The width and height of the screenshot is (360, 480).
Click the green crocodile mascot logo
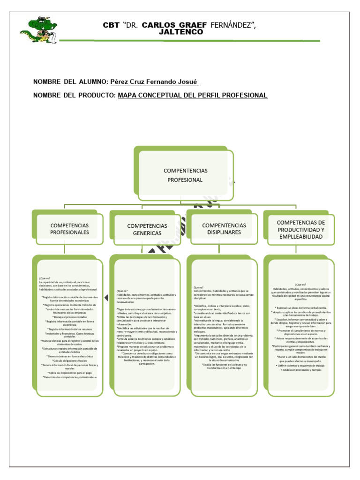[x=38, y=30]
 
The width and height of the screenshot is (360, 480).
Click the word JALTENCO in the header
[x=174, y=32]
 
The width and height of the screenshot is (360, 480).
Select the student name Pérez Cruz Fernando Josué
[x=154, y=82]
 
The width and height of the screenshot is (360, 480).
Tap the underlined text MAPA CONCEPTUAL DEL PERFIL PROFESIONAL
[x=192, y=95]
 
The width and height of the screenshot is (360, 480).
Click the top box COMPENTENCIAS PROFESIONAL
[x=185, y=175]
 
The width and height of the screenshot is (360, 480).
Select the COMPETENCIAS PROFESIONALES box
[x=69, y=229]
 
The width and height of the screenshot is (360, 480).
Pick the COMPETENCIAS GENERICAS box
[x=147, y=229]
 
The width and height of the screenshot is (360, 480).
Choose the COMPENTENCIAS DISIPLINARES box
[x=224, y=229]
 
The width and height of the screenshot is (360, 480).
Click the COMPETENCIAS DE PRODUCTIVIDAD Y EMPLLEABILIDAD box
[x=300, y=229]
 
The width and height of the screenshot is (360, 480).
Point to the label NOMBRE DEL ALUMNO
[x=70, y=82]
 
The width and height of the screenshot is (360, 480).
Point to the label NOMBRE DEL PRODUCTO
[x=74, y=95]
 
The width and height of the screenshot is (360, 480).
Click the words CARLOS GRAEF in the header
[x=168, y=24]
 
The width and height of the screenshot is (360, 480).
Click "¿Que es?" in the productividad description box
[x=300, y=285]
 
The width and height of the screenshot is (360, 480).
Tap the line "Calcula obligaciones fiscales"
[x=69, y=360]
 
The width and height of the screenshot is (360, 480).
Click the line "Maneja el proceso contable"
[x=69, y=317]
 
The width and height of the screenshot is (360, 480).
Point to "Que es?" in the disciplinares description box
[x=198, y=287]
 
